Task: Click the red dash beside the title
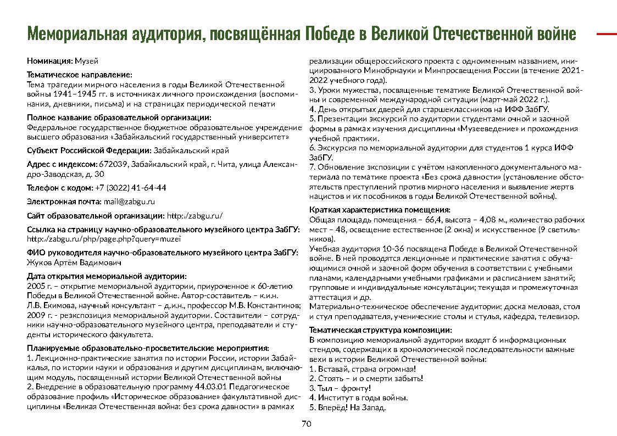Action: (x=607, y=34)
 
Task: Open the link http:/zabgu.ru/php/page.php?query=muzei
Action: (x=104, y=239)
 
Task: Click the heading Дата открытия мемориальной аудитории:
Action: (x=107, y=276)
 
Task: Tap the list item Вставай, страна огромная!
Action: (x=365, y=369)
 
